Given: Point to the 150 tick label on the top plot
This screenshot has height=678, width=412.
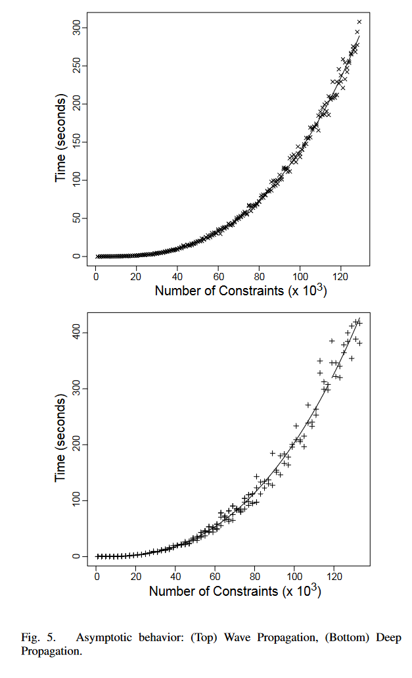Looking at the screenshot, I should (x=77, y=141).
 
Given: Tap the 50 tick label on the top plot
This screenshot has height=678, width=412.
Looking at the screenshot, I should (x=77, y=218).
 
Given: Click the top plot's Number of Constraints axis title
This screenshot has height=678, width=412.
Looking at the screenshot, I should (x=240, y=289).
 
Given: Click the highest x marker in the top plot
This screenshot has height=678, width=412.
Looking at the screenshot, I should (x=359, y=22).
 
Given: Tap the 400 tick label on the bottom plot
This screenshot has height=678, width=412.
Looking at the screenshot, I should (x=77, y=333).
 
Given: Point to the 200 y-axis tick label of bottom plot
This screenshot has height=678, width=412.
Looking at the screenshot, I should (x=77, y=445).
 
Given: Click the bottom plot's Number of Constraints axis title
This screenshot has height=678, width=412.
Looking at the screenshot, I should (x=235, y=590).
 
